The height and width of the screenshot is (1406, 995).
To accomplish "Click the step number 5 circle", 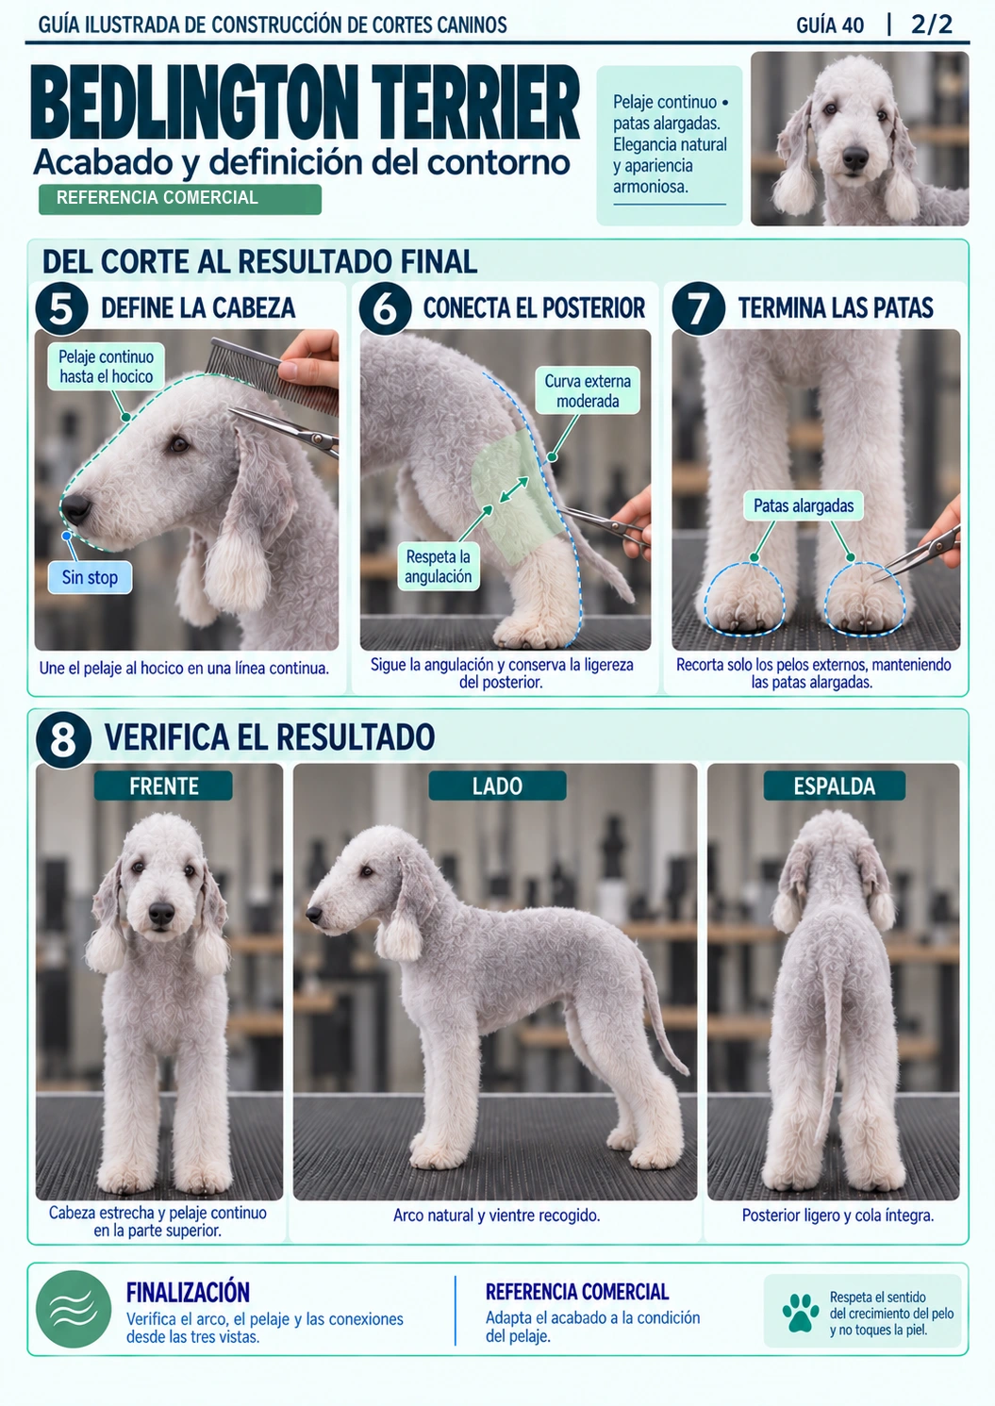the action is tap(61, 308).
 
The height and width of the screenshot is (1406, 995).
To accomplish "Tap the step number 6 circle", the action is tap(385, 308).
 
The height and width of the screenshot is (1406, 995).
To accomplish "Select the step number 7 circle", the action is tap(698, 308).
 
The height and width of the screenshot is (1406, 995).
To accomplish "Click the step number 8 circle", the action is tap(63, 739).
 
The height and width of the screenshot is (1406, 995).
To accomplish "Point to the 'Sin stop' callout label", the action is tap(90, 577).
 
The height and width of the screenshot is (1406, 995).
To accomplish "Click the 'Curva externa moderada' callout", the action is tap(588, 390).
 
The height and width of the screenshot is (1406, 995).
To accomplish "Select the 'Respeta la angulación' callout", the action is tap(439, 566).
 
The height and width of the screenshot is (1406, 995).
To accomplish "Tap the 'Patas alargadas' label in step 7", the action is tap(804, 505).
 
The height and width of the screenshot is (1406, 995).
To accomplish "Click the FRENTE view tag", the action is tap(163, 786).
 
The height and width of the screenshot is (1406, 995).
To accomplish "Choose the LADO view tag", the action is tap(497, 786).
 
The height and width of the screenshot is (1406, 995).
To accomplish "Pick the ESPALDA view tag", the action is tap(835, 786).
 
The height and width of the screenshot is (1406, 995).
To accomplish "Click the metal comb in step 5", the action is tap(272, 373).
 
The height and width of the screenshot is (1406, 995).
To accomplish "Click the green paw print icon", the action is tap(801, 1313).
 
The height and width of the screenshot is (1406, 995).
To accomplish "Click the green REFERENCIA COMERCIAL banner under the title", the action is tap(180, 198).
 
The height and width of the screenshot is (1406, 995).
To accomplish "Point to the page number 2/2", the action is tap(932, 25).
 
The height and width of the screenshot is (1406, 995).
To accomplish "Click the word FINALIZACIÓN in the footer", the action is tap(188, 1293).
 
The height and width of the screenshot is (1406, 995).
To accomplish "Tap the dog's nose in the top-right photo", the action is tap(855, 157).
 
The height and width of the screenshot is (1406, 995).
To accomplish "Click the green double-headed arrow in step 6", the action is tap(513, 489).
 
